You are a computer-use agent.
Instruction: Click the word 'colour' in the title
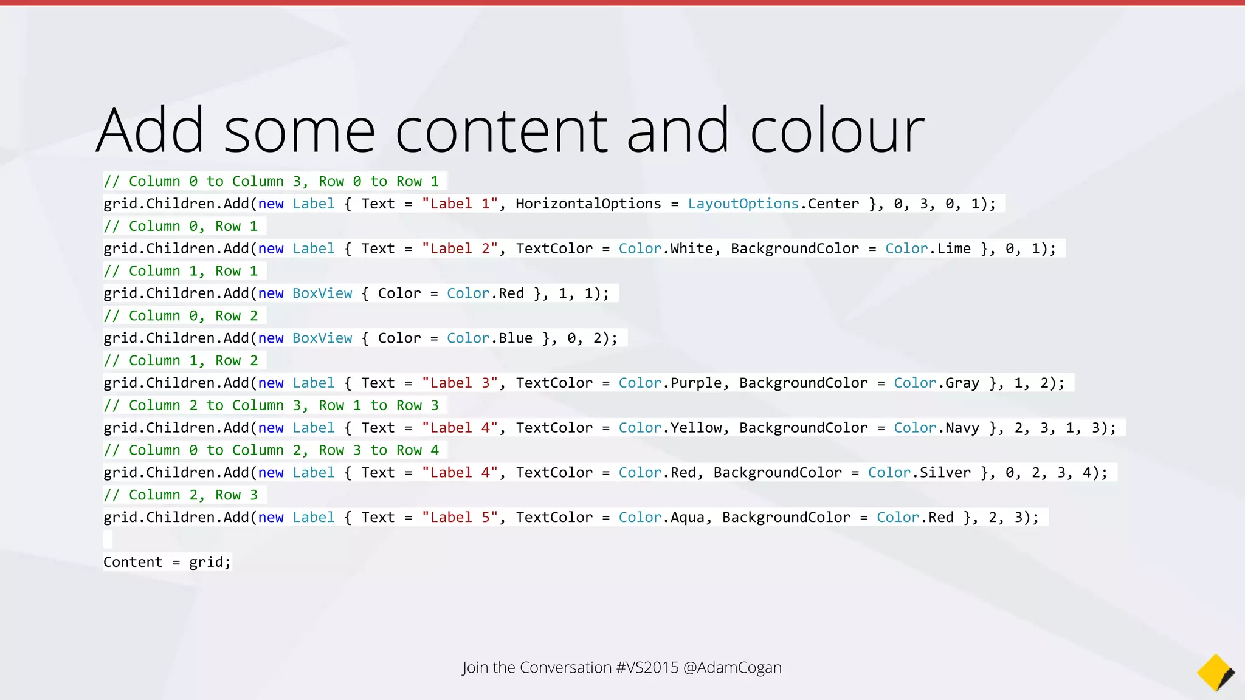coord(837,131)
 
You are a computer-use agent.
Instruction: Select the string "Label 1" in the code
coord(460,204)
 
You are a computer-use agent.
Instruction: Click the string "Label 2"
coord(460,249)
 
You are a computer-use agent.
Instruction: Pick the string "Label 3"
coord(460,383)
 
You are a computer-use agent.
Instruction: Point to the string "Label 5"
coord(460,518)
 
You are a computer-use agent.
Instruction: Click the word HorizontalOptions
coord(588,204)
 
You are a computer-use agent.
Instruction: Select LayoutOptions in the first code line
coord(743,204)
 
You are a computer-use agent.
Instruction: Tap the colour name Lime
coord(954,249)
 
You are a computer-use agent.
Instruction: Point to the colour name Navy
coord(962,428)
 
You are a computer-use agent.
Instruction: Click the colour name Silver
coord(945,473)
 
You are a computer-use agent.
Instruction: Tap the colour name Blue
coord(516,338)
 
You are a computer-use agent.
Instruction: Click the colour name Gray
coord(962,383)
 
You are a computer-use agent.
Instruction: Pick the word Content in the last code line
coord(133,563)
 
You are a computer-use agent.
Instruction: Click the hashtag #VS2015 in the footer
coord(647,668)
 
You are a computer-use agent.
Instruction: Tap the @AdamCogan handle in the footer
coord(733,668)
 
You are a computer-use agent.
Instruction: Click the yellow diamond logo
coord(1215,672)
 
